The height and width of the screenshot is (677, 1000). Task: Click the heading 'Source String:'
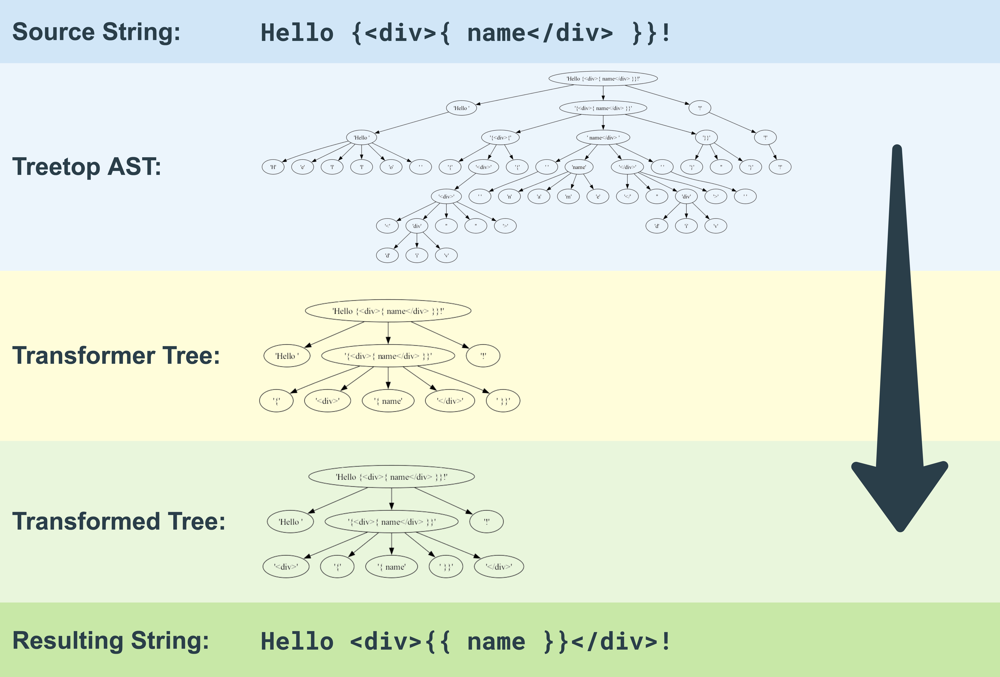coord(96,32)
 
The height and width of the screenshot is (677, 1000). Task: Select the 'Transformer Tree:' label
coord(116,356)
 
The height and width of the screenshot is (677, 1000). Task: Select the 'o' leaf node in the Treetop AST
coord(391,167)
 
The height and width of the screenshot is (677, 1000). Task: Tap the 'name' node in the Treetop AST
coord(579,167)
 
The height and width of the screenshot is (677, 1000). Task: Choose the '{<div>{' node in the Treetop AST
coord(500,138)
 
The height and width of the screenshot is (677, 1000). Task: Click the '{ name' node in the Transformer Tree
coord(388,401)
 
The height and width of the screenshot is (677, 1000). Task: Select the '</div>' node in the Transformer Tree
coord(450,401)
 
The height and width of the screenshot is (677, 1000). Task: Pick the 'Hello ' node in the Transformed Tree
coord(290,522)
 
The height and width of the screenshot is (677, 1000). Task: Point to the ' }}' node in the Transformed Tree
coord(446,567)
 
